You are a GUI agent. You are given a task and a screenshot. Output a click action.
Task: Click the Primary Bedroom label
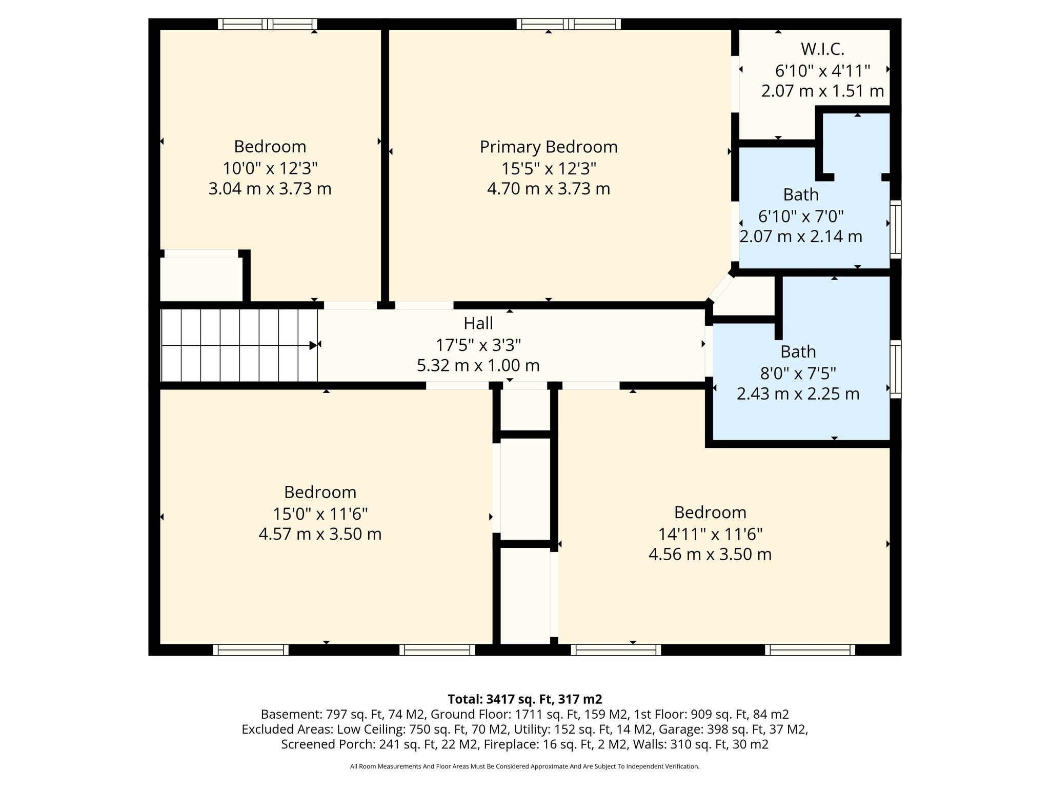click(549, 147)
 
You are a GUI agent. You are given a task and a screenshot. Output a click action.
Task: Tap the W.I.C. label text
click(822, 49)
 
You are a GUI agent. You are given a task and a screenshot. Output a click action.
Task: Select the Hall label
click(478, 323)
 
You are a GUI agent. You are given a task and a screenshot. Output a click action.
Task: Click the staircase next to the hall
click(239, 345)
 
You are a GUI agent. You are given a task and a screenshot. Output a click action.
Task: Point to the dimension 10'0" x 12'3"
click(270, 168)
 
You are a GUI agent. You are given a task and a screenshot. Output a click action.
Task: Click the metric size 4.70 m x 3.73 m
click(549, 189)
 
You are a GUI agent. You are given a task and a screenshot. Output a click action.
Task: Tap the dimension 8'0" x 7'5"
click(798, 373)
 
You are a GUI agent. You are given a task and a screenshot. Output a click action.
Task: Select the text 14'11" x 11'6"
click(710, 534)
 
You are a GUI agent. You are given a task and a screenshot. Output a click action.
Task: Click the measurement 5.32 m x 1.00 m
click(478, 365)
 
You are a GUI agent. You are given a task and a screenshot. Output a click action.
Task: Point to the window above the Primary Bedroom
click(569, 24)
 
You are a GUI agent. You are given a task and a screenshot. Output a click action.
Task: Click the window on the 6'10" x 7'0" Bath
click(895, 229)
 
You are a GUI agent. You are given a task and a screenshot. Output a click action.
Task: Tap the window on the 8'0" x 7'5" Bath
click(895, 369)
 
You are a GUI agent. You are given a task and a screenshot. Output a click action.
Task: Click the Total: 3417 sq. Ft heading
click(525, 699)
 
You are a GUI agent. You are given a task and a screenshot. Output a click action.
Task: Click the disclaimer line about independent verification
click(525, 766)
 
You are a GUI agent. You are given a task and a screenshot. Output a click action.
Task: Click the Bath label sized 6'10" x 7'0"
click(801, 195)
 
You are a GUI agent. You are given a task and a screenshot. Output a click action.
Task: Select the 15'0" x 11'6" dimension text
click(320, 514)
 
